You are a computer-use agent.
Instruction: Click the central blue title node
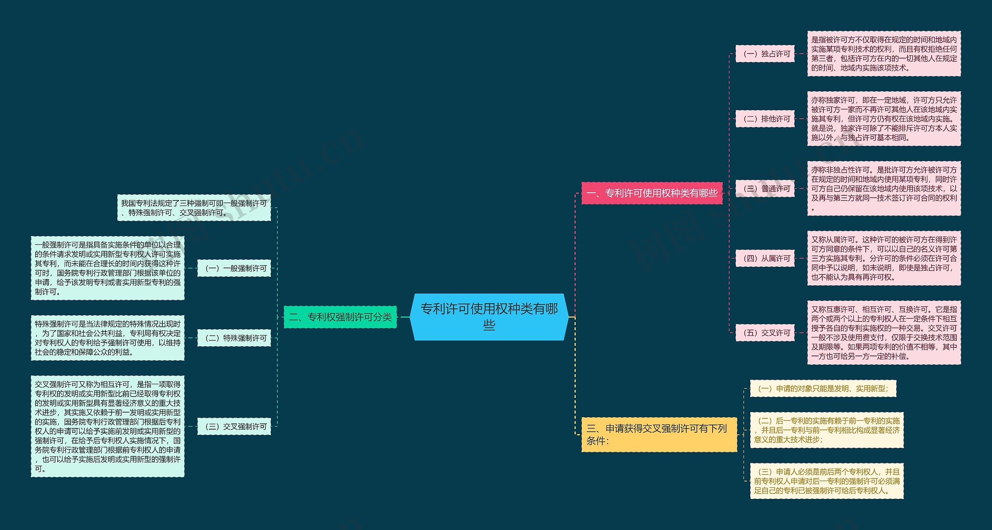[489, 317]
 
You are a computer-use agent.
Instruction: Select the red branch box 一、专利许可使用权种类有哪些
[652, 193]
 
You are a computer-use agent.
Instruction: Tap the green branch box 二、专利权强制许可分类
[340, 317]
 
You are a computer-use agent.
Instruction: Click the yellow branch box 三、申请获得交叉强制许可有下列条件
[659, 434]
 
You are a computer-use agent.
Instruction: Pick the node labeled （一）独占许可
[765, 54]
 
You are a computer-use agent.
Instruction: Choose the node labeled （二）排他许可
[765, 119]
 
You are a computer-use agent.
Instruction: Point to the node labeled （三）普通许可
[765, 188]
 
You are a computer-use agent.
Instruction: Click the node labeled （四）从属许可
[765, 258]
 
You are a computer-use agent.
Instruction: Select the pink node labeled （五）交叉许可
[765, 333]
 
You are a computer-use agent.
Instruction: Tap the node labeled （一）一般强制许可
[234, 268]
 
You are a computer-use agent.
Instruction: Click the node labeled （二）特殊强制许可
[234, 338]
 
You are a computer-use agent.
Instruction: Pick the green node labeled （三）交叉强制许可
[234, 426]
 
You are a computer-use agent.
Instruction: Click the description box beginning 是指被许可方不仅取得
[884, 54]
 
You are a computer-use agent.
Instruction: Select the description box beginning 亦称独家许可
[884, 119]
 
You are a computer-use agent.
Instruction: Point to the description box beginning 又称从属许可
[884, 258]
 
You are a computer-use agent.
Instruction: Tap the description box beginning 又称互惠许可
[884, 333]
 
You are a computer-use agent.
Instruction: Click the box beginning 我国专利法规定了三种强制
[194, 207]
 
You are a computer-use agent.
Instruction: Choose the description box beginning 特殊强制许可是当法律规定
[108, 338]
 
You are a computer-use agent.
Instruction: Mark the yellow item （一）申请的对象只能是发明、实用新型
[823, 388]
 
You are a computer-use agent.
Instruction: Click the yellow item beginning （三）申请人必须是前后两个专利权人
[827, 481]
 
